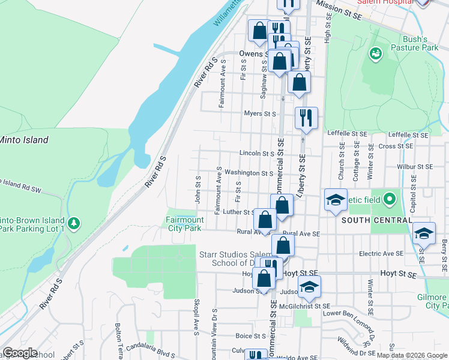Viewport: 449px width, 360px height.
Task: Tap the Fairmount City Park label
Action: coord(184,224)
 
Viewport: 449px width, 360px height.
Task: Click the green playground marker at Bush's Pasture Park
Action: coord(376,55)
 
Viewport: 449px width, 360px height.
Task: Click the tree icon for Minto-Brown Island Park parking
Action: coord(74,224)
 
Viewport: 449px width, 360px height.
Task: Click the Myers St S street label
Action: coord(259,113)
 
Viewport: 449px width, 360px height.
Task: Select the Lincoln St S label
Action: coord(256,154)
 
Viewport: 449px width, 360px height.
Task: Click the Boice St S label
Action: coord(251,336)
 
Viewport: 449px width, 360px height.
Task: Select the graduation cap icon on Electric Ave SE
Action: coord(424,233)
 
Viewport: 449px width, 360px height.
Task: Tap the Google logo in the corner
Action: coord(20,353)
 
